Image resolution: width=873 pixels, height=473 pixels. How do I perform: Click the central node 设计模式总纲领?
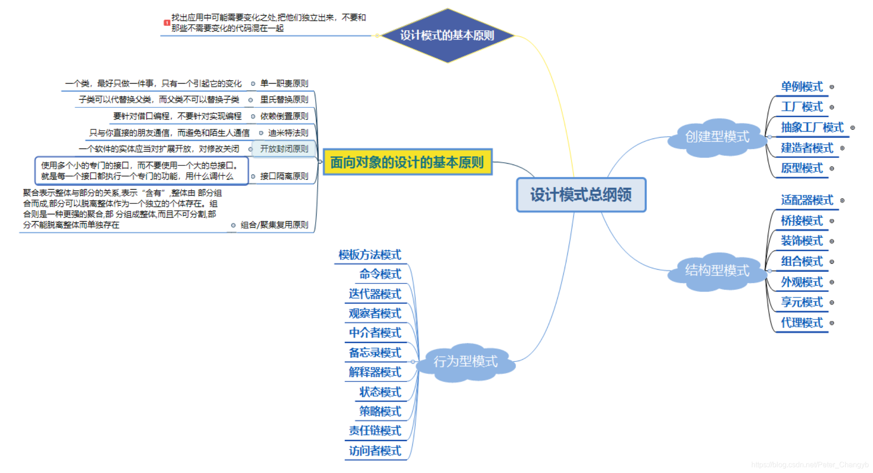(x=581, y=195)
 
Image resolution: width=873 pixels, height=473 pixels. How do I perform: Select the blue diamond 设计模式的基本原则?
(x=447, y=35)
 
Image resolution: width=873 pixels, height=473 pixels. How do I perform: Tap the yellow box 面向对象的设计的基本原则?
(x=407, y=162)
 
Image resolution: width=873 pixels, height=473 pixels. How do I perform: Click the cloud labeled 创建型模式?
(x=717, y=137)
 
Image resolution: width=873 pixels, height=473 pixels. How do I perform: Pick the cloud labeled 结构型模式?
(x=717, y=271)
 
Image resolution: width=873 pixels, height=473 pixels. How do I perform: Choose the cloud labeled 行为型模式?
(x=465, y=361)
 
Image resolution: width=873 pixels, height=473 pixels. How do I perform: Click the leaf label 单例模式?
(x=802, y=87)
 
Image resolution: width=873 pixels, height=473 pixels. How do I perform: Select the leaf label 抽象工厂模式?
(x=812, y=128)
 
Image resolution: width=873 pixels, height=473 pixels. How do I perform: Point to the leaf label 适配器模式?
(x=807, y=200)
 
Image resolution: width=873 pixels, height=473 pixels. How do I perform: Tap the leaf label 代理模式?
(x=802, y=323)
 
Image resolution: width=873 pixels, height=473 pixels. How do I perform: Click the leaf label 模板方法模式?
(x=370, y=255)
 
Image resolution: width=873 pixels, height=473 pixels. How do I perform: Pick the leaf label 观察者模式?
(x=375, y=314)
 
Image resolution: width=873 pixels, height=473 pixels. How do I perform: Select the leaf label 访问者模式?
(x=375, y=451)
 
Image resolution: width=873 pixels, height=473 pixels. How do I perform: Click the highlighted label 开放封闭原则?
(x=284, y=149)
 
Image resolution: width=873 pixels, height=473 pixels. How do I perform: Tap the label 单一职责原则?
(x=284, y=84)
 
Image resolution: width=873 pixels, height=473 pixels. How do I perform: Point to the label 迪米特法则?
(x=288, y=133)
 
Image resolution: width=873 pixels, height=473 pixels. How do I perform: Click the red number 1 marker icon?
(x=167, y=22)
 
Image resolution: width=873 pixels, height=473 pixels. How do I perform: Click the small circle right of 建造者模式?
(x=842, y=148)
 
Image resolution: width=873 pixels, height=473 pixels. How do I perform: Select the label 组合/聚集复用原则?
(x=274, y=225)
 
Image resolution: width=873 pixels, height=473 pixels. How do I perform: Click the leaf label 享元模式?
(x=802, y=302)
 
